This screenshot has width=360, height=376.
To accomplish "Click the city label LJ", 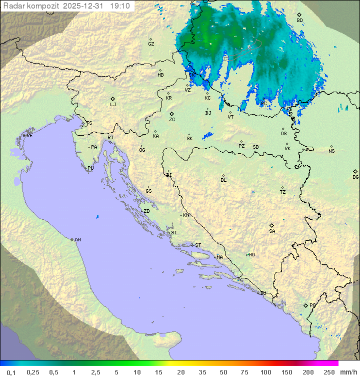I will [113, 104].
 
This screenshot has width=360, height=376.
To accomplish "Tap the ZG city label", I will [172, 120].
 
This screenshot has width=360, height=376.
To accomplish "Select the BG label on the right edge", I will [355, 177].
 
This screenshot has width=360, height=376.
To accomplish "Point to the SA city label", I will [272, 231].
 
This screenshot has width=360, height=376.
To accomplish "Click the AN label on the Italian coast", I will [77, 240].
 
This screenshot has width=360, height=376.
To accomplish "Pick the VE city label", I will [29, 135].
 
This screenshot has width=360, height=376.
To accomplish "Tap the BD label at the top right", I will [299, 21].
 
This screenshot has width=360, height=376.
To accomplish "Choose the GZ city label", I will [151, 44].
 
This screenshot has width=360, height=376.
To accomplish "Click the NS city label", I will [331, 151].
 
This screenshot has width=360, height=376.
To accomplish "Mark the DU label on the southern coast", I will [262, 293].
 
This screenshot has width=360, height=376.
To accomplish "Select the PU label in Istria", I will [90, 168].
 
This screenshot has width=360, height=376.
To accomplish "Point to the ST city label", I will [198, 245].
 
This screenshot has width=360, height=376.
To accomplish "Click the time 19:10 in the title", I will [120, 6].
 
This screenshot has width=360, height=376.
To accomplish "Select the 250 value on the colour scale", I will [329, 372].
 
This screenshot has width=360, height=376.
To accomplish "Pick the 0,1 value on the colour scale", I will [11, 372].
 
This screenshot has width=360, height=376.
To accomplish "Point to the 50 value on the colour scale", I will [223, 372].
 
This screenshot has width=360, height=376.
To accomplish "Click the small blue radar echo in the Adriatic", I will [97, 216].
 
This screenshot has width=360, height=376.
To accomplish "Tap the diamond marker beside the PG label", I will [305, 305].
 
